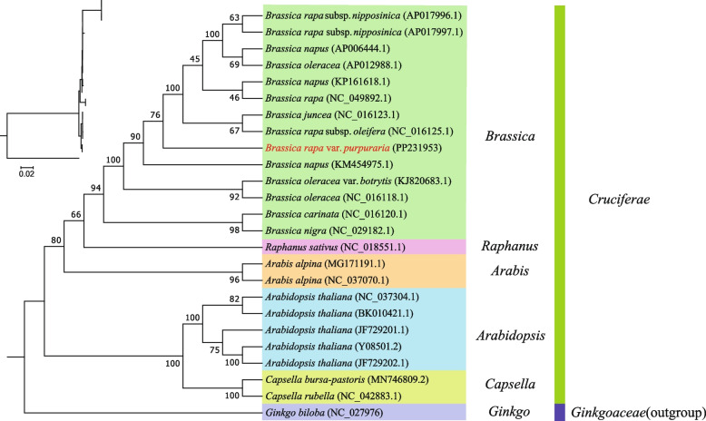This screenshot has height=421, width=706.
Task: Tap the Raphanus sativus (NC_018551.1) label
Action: (x=337, y=246)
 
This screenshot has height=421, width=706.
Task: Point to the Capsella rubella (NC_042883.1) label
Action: (x=336, y=396)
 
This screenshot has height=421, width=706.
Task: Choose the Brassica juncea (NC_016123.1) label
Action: (x=333, y=114)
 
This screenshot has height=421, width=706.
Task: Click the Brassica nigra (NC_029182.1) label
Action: (x=327, y=230)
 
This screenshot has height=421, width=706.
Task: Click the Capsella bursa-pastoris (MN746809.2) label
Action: (x=348, y=379)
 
